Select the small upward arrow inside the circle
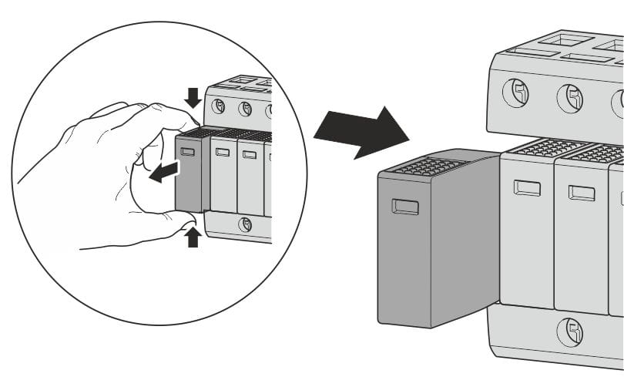pos(193,236)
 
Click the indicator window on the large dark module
pos(405,206)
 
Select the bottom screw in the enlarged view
pos(570,333)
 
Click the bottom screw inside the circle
pos(246,224)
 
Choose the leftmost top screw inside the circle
pos(219,105)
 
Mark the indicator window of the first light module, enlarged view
pos(527,187)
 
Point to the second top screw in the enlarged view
pos(570,99)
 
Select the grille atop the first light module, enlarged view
pos(544,147)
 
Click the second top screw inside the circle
pos(245,109)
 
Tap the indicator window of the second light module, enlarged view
pos(582,193)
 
